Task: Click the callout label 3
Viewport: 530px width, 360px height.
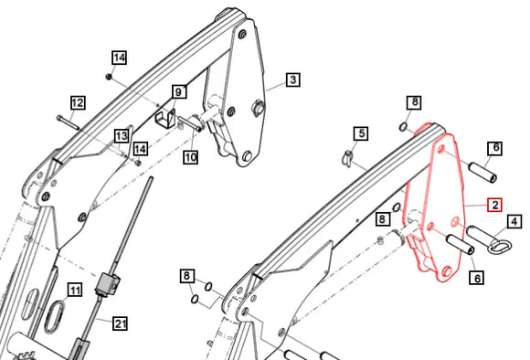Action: [292, 80]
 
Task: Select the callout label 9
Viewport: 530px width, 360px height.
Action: [179, 91]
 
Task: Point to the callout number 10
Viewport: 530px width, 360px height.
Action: [190, 157]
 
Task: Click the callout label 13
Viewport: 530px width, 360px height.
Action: [121, 136]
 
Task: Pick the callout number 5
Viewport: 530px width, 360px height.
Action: [361, 134]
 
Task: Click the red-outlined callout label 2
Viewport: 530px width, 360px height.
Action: [493, 205]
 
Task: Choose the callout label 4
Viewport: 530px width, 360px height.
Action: [514, 221]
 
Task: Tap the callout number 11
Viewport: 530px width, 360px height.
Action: [75, 291]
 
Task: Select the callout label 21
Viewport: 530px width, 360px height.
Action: [121, 323]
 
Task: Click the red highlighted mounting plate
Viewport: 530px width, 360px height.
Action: [429, 210]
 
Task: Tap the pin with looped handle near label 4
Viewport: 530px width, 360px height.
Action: [483, 241]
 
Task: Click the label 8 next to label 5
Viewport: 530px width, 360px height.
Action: [414, 101]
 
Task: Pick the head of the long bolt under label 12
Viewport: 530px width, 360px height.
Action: [58, 119]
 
